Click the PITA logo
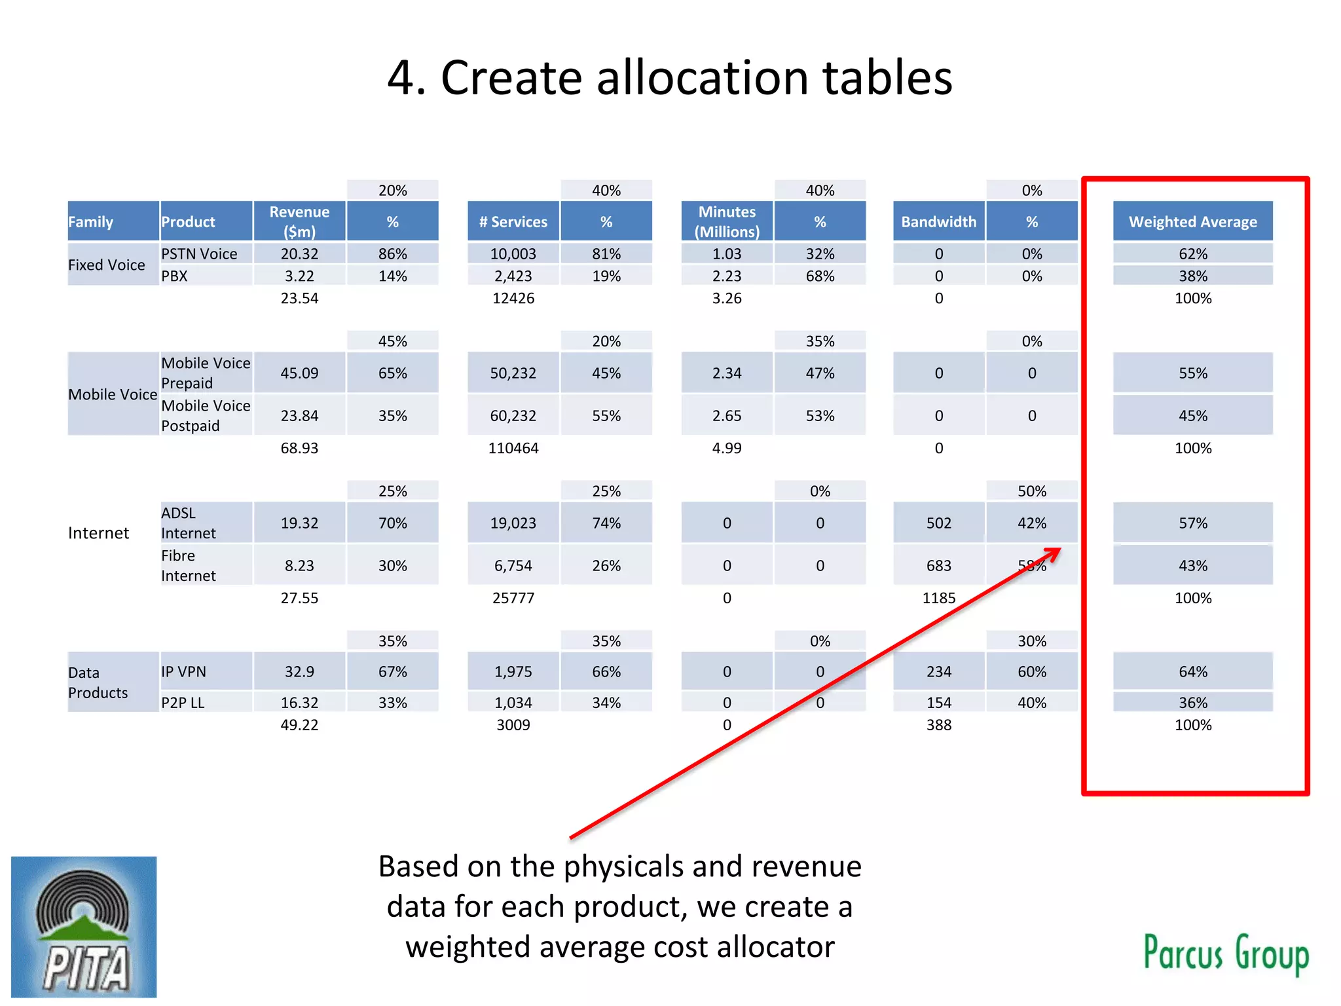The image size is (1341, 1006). click(x=84, y=926)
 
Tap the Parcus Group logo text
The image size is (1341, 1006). click(x=1226, y=954)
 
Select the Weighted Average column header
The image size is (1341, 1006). click(x=1192, y=222)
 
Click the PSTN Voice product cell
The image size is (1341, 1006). click(x=199, y=254)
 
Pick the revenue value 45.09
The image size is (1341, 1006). click(x=299, y=373)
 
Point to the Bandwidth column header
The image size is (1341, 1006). click(x=938, y=222)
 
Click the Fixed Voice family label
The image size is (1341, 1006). click(x=107, y=265)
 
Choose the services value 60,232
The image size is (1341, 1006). click(x=513, y=416)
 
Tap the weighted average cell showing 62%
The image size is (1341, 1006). click(x=1192, y=254)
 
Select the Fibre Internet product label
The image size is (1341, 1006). click(x=189, y=565)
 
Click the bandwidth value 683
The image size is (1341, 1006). click(x=938, y=566)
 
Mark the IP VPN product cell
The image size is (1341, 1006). click(x=184, y=672)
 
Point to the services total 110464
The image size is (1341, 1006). click(x=513, y=449)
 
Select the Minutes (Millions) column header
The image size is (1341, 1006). click(x=727, y=222)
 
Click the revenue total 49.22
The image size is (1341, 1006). click(x=299, y=725)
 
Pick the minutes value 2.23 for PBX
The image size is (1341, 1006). click(x=727, y=276)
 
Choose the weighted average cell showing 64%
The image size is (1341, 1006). click(x=1192, y=672)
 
